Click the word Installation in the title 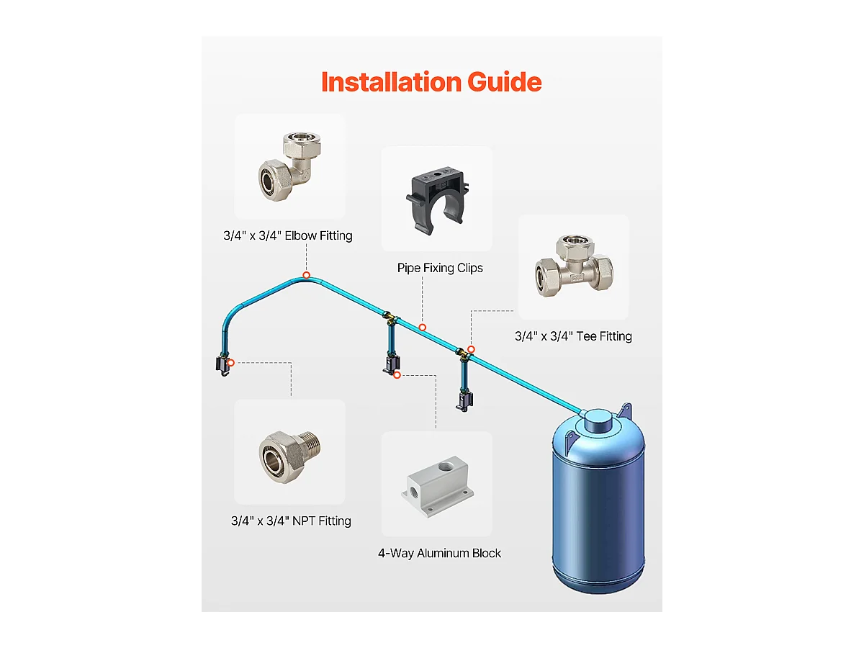click(391, 82)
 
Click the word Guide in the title click(505, 82)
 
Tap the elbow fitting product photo click(289, 166)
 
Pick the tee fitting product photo click(574, 266)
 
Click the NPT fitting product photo click(289, 456)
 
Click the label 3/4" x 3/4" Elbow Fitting click(288, 235)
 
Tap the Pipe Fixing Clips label click(440, 268)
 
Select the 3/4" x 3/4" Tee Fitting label click(573, 336)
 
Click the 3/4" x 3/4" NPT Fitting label click(291, 521)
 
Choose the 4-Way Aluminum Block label click(439, 553)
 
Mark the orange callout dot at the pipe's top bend click(306, 275)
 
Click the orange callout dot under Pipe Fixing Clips click(423, 328)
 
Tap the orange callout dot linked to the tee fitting click(471, 349)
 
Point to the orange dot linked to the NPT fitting click(231, 363)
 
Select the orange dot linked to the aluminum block click(397, 375)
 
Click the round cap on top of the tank click(598, 420)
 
